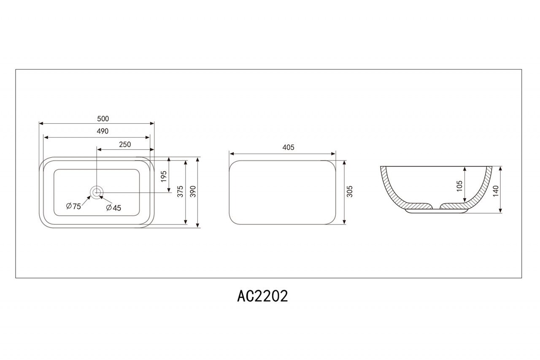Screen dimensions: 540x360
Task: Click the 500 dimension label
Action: (103, 119)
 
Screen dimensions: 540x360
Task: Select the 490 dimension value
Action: (103, 131)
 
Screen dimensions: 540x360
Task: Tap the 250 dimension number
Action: (125, 144)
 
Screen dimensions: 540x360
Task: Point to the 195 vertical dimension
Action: (164, 176)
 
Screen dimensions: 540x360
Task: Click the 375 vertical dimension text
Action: (180, 192)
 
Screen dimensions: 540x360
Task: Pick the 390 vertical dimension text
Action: (193, 192)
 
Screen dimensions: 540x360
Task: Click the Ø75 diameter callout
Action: (73, 206)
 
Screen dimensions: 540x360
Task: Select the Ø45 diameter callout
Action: (113, 208)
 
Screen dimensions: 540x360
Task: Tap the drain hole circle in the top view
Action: (97, 192)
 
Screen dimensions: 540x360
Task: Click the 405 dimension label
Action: (288, 147)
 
